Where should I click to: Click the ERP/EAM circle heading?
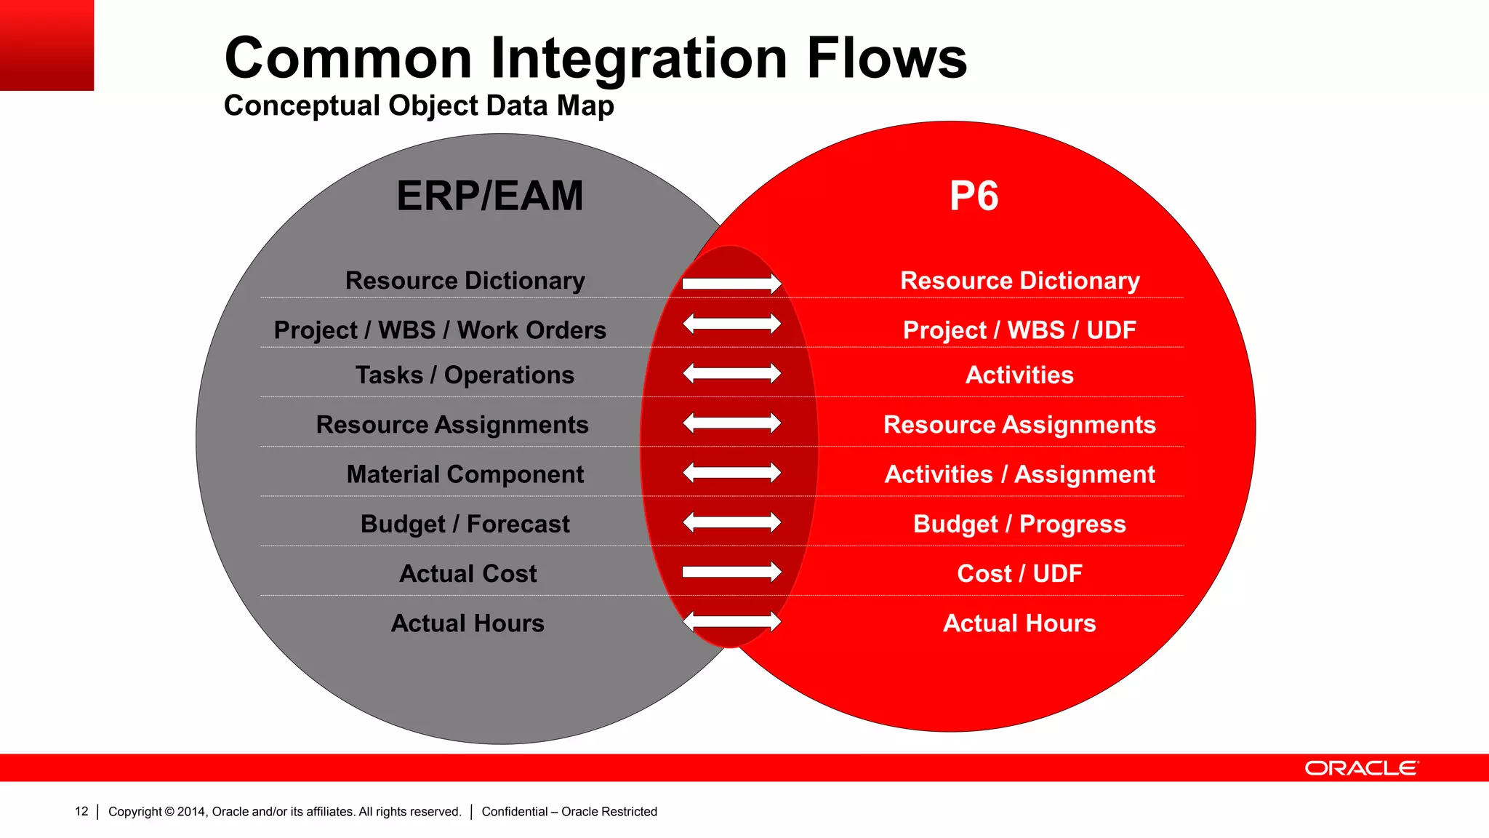click(489, 196)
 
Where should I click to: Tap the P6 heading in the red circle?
click(974, 196)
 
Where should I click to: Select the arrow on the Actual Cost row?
click(731, 572)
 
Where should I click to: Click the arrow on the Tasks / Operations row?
click(731, 374)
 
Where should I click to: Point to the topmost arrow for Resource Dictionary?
click(731, 284)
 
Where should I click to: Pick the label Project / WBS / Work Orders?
click(440, 330)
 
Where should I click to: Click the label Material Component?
click(465, 474)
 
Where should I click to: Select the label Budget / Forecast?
click(465, 524)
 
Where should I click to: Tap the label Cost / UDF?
click(1019, 573)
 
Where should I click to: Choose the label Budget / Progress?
click(1019, 524)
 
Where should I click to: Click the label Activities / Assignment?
click(1019, 474)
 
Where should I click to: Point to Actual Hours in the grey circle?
click(467, 623)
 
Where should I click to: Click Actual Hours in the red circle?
click(1019, 623)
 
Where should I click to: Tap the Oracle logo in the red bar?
click(1361, 768)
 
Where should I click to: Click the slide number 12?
click(81, 811)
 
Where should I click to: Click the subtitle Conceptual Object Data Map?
click(419, 105)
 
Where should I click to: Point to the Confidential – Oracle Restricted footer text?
click(569, 811)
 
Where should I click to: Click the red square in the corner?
click(47, 45)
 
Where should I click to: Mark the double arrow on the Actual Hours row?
click(731, 622)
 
